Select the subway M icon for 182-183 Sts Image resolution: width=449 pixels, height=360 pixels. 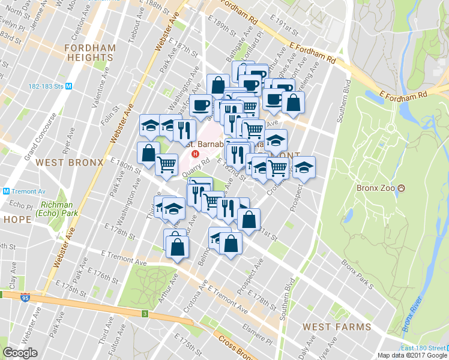point(68,86)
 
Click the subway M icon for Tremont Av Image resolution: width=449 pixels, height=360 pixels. point(6,191)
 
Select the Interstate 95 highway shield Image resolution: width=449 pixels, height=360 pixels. point(23,297)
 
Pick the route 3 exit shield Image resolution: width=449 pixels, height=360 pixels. point(145,313)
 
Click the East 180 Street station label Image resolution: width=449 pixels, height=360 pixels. point(423,349)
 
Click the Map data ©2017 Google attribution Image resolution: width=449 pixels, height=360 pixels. point(412,355)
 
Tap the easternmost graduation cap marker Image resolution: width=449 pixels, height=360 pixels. point(304,166)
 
